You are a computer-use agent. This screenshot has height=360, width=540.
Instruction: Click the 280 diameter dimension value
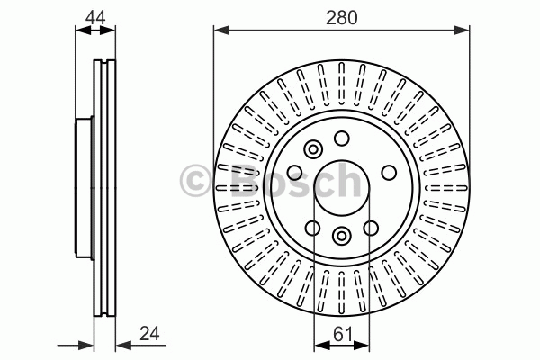click(342, 18)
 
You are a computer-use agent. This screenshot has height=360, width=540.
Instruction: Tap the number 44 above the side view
click(95, 17)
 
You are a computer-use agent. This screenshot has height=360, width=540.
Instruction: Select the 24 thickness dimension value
click(149, 334)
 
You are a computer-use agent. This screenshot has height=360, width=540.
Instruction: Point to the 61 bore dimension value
click(343, 334)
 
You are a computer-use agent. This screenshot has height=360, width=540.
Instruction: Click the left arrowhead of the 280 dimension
click(221, 31)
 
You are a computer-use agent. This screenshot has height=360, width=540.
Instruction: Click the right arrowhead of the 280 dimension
click(462, 31)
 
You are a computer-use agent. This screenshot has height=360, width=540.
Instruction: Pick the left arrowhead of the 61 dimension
click(321, 345)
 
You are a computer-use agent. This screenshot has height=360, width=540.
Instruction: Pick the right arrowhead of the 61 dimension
click(362, 345)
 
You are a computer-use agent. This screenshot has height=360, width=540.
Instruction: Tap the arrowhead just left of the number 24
click(123, 345)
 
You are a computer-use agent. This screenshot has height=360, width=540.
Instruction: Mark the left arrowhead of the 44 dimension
click(83, 31)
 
